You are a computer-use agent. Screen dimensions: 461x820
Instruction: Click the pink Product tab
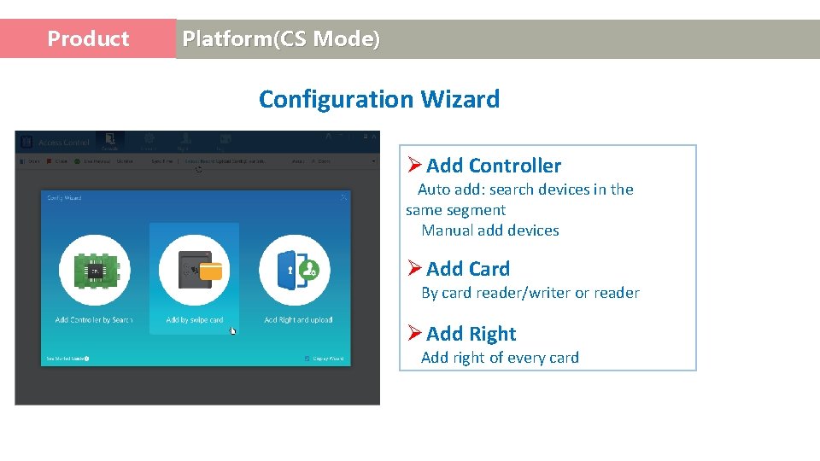(x=88, y=39)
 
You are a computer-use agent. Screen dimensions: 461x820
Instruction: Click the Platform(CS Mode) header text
(x=281, y=39)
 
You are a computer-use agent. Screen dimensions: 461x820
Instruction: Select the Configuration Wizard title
(x=378, y=99)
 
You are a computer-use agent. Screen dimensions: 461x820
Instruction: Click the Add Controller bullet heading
(x=493, y=166)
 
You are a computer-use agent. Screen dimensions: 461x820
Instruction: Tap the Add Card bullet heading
(x=467, y=269)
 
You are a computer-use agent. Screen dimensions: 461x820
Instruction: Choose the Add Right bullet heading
(x=471, y=334)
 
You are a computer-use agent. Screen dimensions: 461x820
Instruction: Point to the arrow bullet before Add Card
(x=414, y=269)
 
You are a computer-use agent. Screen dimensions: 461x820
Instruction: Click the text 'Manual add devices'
(x=489, y=230)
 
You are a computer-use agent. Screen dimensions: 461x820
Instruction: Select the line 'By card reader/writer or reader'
(x=530, y=293)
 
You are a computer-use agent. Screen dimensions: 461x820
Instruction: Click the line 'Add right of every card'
(x=500, y=358)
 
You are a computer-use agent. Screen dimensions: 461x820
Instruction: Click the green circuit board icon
(x=94, y=270)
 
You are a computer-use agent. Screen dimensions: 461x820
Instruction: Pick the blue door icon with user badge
(x=295, y=270)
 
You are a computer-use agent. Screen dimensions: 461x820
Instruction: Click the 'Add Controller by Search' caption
(x=94, y=320)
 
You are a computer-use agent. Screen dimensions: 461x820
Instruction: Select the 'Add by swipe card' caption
(x=195, y=320)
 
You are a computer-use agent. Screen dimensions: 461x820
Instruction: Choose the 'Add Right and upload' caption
(x=298, y=320)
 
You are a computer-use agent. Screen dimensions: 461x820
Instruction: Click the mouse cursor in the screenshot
(x=233, y=330)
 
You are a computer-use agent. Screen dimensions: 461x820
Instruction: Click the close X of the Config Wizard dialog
(x=344, y=197)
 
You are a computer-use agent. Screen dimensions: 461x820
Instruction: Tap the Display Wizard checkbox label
(x=327, y=359)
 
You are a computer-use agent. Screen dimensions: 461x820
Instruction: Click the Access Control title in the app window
(x=63, y=143)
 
